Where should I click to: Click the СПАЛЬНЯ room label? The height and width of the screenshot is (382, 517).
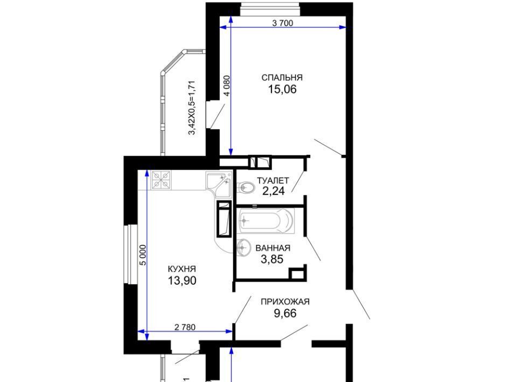coord(282,77)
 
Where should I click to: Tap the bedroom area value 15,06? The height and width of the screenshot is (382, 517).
coord(282,89)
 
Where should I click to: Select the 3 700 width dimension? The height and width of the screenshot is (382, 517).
coord(283,23)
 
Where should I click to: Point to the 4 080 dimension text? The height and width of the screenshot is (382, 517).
coord(227,86)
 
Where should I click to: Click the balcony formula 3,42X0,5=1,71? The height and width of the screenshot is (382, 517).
coord(192,108)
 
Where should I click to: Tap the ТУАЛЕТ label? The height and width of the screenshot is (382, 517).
coord(273,180)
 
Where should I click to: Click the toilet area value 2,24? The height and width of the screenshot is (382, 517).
coord(274,191)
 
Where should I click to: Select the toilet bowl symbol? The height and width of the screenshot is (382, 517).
coord(246,188)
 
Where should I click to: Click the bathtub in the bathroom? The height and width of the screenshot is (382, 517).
coord(266,220)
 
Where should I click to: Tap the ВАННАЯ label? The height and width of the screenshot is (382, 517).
coord(273,248)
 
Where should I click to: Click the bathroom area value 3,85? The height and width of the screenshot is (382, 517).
coord(272,259)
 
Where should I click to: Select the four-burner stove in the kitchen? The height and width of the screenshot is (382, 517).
coord(162,180)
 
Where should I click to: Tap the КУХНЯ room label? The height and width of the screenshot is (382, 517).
coord(182,269)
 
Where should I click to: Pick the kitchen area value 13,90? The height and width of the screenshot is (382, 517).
coord(182,280)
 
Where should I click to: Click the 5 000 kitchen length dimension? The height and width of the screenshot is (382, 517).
coord(142,255)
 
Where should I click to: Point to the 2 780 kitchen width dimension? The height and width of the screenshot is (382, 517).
coord(185,327)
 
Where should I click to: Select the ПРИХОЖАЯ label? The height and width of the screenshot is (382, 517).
coord(285,302)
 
